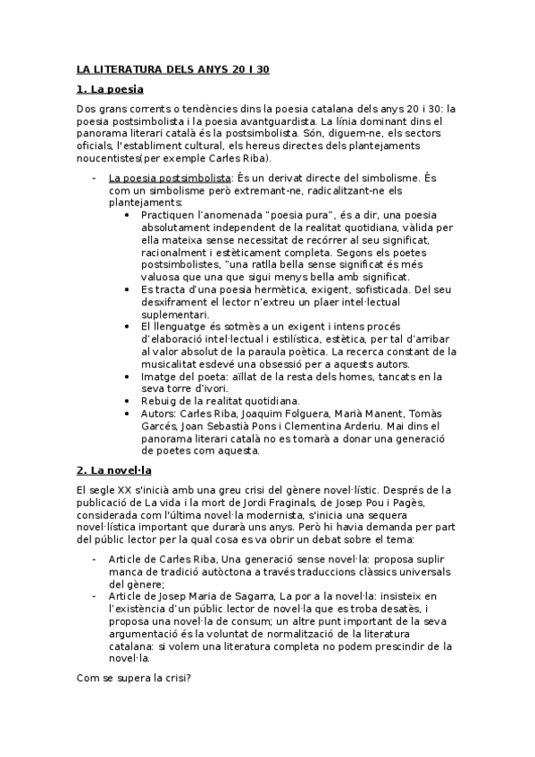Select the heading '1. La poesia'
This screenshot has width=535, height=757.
click(111, 89)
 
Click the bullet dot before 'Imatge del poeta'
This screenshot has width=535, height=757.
click(132, 377)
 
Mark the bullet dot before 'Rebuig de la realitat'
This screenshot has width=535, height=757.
click(132, 402)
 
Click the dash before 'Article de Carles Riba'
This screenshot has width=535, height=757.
click(96, 559)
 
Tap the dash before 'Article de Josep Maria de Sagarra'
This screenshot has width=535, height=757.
click(96, 595)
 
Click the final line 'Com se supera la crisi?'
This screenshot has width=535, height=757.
click(134, 678)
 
